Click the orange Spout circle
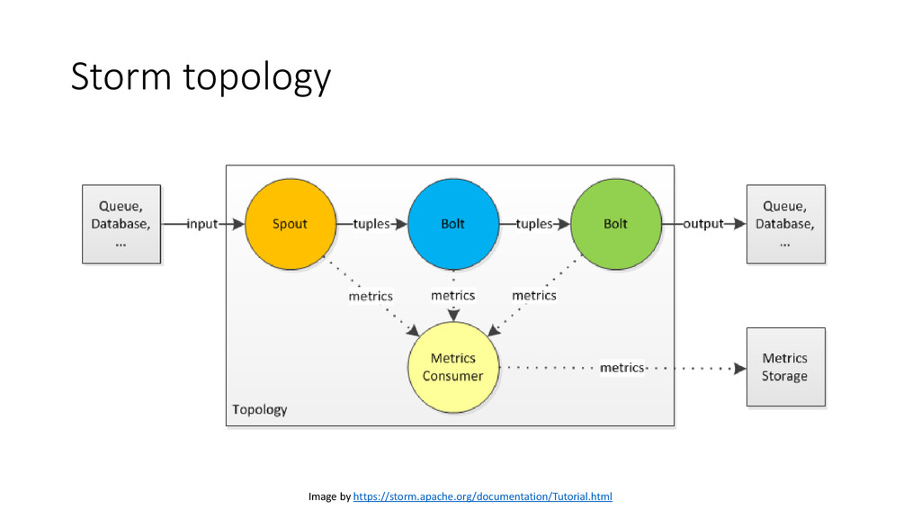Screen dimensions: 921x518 (291, 224)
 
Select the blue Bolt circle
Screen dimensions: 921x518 (453, 224)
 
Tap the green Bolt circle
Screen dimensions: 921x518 (615, 224)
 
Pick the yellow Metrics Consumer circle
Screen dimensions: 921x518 (453, 367)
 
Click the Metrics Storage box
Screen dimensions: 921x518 (785, 367)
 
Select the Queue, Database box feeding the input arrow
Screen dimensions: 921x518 (121, 224)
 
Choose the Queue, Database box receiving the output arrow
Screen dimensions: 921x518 (785, 224)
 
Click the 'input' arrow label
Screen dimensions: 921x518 (202, 224)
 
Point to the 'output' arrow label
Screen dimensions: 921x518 (703, 224)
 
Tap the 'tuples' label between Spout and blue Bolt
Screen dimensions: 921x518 (371, 224)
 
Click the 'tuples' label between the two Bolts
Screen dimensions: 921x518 (534, 224)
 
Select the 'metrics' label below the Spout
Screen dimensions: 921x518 (371, 296)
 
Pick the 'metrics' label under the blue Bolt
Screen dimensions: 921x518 (453, 295)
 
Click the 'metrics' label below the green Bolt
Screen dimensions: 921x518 (534, 295)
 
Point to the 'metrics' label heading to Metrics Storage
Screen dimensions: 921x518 (622, 368)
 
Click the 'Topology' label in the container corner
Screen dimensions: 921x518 (260, 409)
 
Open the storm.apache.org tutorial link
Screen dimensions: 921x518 (482, 496)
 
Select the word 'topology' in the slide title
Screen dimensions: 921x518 (257, 78)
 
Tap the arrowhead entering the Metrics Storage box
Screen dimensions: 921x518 (740, 368)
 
